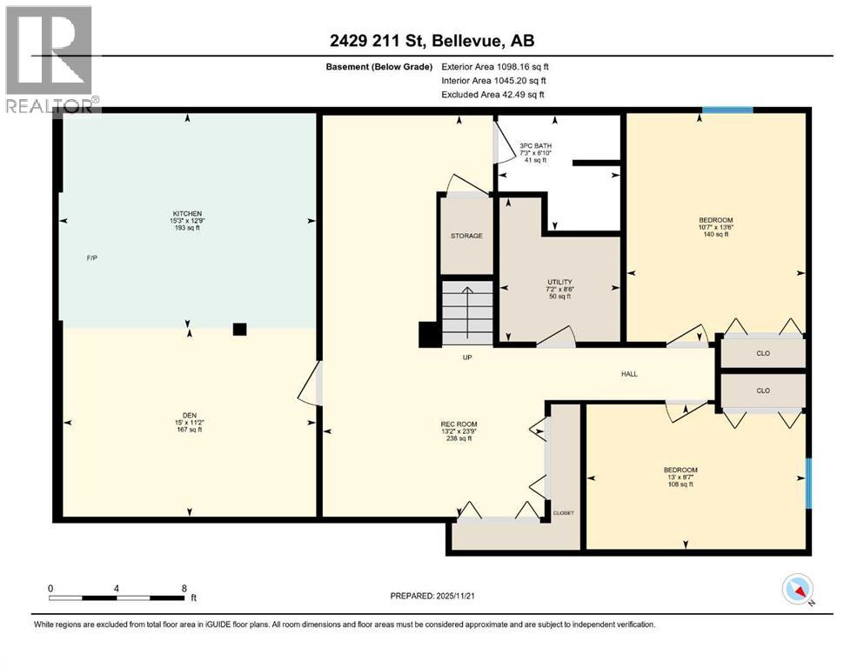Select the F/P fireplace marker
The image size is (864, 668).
pos(91,258)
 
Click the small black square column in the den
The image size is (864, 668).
pos(239,329)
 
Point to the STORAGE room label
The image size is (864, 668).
pos(466,236)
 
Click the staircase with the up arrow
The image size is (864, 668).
pos(466,311)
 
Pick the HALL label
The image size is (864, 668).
pos(629,374)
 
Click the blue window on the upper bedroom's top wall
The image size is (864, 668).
pos(727,110)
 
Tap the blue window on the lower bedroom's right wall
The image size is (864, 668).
pos(808,483)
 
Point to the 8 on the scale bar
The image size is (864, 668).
pos(184,588)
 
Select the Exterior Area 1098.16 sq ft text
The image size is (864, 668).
pos(495,66)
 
